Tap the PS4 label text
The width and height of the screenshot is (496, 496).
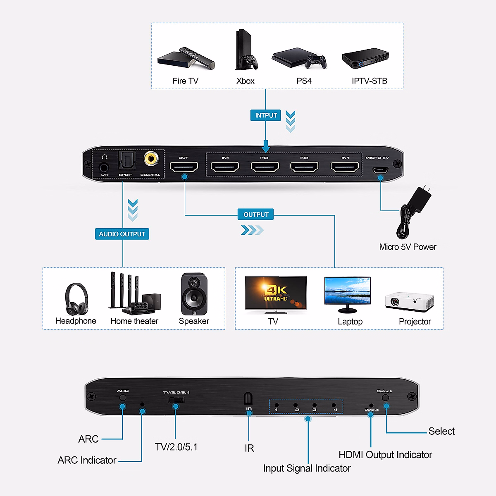(x=304, y=81)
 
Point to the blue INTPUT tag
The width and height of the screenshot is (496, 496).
(x=266, y=115)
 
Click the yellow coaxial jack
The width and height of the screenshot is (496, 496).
(x=151, y=158)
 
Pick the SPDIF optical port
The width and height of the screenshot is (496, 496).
(x=127, y=160)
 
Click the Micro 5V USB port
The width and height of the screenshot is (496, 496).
(x=380, y=170)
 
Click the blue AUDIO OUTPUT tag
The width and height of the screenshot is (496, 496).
(x=122, y=234)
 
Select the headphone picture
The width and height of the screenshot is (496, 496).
(x=76, y=299)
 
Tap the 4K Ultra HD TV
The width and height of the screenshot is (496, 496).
(x=276, y=294)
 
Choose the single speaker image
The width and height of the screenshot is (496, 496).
(x=194, y=294)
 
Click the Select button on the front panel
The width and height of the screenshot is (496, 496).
(x=386, y=398)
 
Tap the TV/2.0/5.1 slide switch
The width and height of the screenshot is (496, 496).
(x=176, y=400)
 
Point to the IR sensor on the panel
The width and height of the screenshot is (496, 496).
(x=248, y=398)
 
